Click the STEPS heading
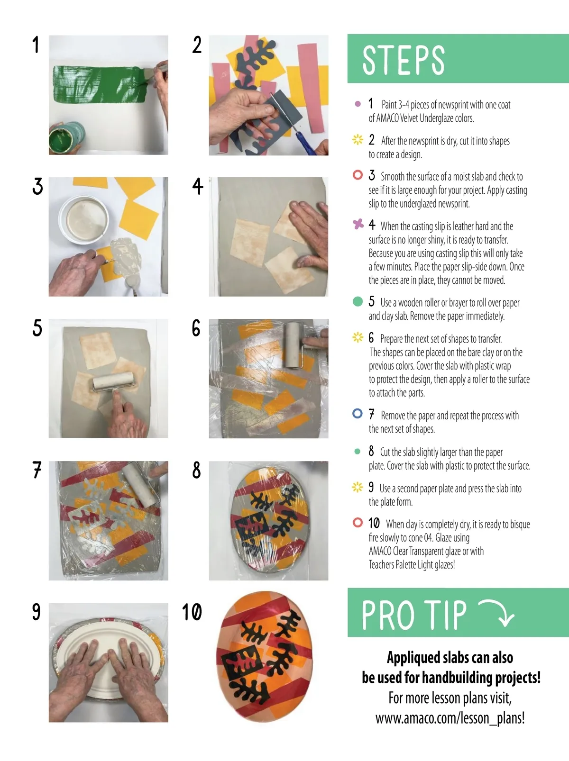[x=403, y=60]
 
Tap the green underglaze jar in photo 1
[x=66, y=137]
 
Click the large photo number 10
[x=192, y=612]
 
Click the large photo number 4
[x=198, y=186]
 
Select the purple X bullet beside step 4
[x=358, y=224]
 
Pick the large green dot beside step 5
[x=358, y=301]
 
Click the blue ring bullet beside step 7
[x=358, y=413]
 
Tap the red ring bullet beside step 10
[x=358, y=522]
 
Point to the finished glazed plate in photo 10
[x=265, y=656]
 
